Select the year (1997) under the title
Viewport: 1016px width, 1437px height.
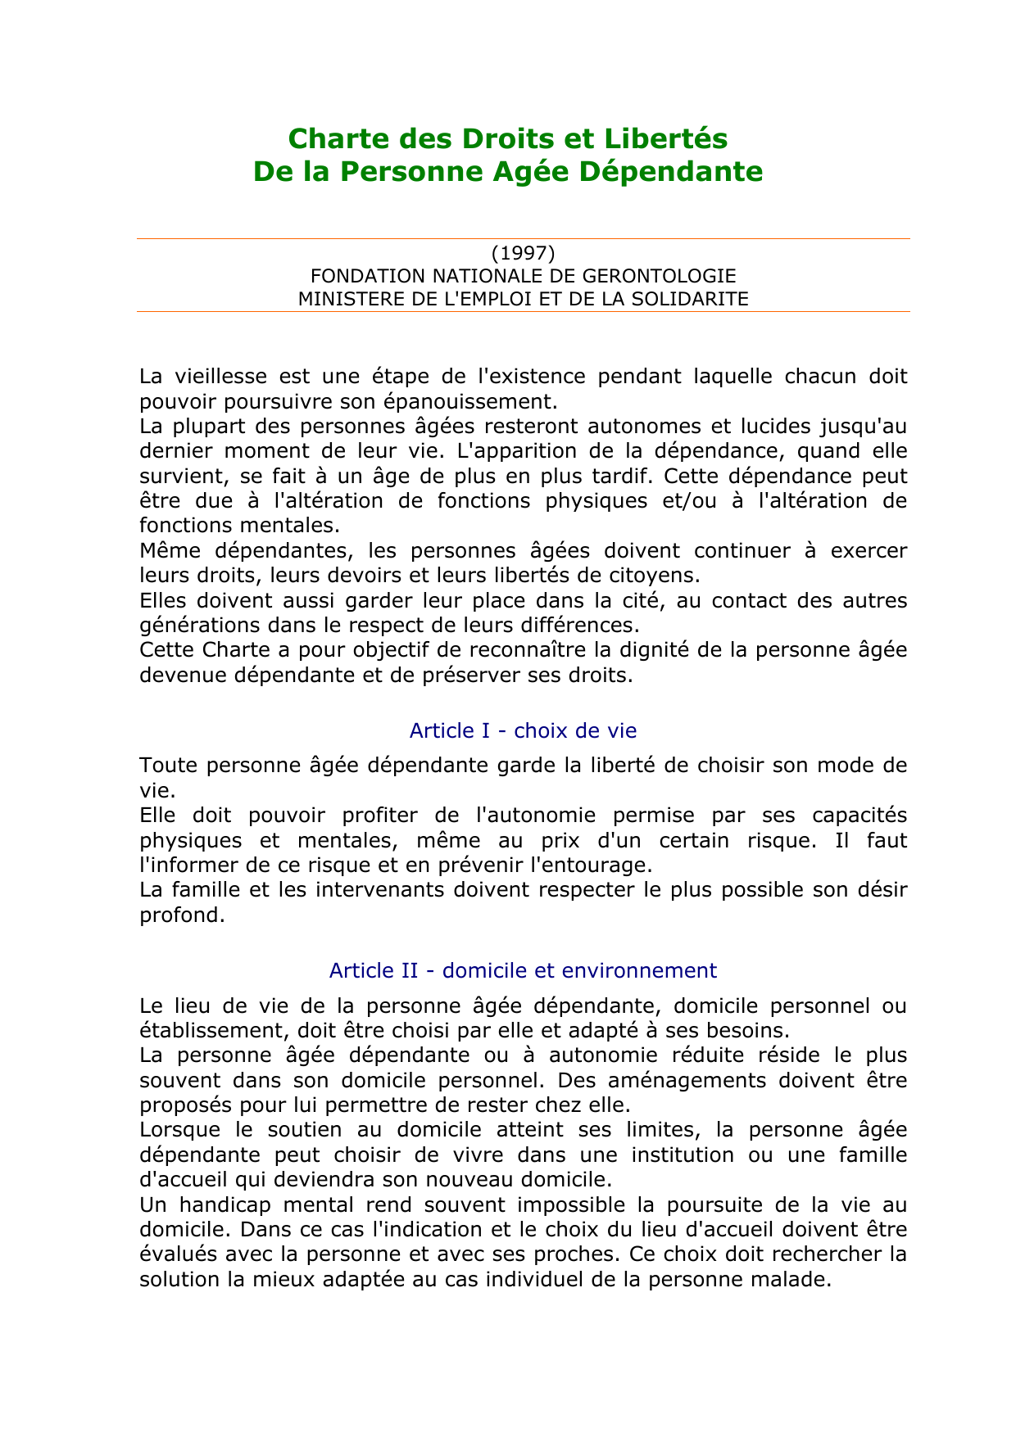point(524,252)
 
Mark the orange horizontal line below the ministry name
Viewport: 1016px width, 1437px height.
point(524,312)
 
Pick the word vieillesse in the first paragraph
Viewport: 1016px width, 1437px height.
point(215,377)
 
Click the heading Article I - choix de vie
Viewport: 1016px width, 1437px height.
point(523,730)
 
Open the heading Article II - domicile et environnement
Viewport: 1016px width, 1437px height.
point(523,970)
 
